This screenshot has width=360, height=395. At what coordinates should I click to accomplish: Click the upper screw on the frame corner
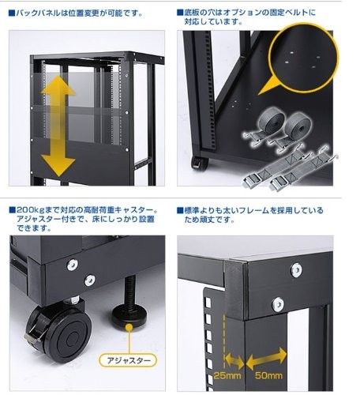pyautogui.click(x=295, y=269)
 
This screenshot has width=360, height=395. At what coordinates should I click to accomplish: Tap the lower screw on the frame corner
pyautogui.click(x=277, y=303)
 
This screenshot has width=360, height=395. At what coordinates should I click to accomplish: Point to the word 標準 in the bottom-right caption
pyautogui.click(x=195, y=211)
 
